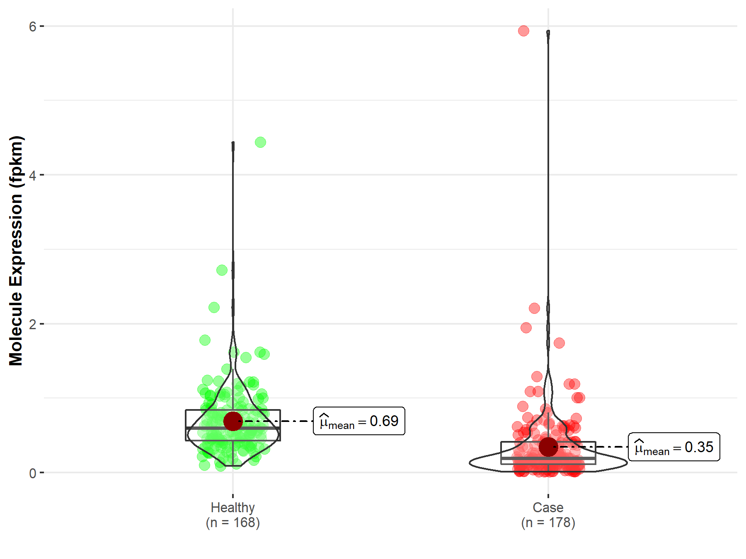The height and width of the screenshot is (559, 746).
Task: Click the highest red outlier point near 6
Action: coord(523,31)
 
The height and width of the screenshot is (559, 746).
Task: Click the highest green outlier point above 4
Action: coord(260,142)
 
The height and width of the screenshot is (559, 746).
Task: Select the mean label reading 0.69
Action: coord(359,421)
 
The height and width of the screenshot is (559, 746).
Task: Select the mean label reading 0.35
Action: coord(674,447)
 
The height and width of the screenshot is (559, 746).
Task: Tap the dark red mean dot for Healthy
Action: coord(233,421)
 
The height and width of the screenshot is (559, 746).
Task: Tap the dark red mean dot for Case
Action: coord(548,447)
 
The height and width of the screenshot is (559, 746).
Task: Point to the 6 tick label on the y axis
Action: coord(33,27)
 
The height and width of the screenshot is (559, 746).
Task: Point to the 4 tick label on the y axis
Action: coord(33,175)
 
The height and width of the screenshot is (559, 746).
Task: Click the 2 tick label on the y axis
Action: coord(33,324)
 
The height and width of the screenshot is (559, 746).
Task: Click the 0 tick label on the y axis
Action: coord(33,473)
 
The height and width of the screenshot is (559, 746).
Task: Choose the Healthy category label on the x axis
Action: coord(233,507)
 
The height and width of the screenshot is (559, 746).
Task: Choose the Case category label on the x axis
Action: coord(548,507)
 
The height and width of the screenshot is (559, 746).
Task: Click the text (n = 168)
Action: coord(233,523)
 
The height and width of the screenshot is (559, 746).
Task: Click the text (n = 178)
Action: coord(548,523)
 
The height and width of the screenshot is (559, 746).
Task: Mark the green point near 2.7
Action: coord(222,270)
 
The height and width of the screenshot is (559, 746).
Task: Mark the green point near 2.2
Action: coord(214,307)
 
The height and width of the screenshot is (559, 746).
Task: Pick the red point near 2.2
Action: coord(534,308)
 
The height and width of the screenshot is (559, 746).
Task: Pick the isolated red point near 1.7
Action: coord(559,343)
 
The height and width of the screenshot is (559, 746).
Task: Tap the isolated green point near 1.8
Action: coord(205,340)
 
